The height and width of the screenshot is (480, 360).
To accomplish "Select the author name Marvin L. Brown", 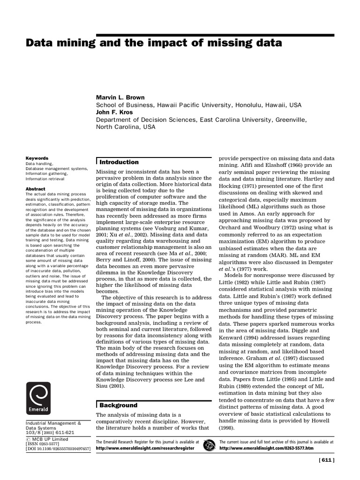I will pos(120,97).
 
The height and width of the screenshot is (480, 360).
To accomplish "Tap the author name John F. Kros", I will pos(114,112).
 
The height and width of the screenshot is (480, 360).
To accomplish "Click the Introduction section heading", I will pos(119,162).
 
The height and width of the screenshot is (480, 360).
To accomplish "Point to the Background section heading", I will pos(119,405).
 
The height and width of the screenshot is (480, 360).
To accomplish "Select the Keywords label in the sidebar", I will pos(37,158).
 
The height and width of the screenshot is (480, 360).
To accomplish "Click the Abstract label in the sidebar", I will pos(35,189).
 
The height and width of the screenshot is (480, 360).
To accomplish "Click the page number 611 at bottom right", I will pos(326,460).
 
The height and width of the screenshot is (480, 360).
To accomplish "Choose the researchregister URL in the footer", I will pos(147,448).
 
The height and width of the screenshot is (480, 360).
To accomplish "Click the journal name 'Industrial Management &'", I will pos(53,423).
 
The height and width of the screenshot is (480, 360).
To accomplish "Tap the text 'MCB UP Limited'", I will pos(49,439).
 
